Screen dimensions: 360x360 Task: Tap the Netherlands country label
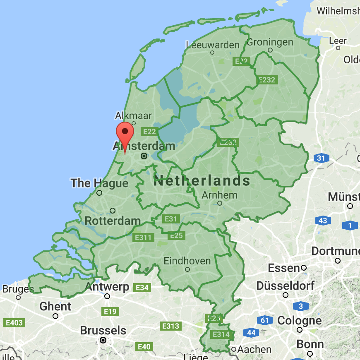click(202, 181)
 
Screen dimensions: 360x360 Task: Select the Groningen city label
click(270, 42)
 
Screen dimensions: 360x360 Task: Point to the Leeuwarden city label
click(213, 45)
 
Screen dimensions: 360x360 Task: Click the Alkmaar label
click(134, 115)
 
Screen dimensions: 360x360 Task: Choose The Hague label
click(99, 183)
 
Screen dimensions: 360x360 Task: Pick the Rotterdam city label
click(113, 221)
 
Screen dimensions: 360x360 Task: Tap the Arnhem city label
click(219, 195)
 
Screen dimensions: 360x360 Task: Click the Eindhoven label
click(187, 261)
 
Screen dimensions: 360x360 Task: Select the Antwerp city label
click(107, 287)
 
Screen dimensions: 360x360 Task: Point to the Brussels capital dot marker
click(103, 340)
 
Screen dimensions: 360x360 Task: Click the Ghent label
click(55, 307)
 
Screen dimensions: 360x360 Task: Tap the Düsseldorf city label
click(285, 286)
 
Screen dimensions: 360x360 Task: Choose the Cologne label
click(299, 320)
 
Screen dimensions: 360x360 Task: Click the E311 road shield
click(143, 238)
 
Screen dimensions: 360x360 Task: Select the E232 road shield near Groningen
click(267, 80)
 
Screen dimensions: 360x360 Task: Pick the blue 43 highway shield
click(323, 221)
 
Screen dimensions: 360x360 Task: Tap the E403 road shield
click(14, 322)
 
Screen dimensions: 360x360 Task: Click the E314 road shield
click(220, 334)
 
